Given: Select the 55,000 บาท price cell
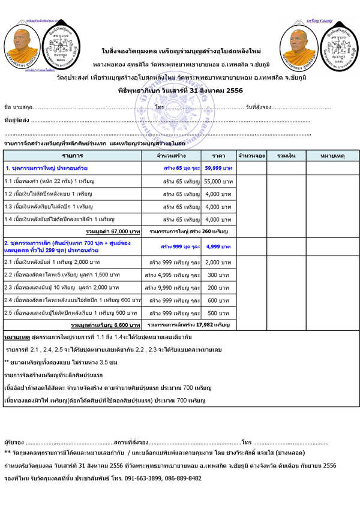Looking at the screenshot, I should (218, 181).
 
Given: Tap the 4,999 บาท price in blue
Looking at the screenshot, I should (218, 246).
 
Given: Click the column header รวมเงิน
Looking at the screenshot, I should (287, 155).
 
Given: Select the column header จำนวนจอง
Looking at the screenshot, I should (251, 155).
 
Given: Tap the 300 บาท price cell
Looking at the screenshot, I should (218, 275).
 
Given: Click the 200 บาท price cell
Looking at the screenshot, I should (218, 287).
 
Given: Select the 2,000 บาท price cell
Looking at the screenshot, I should (218, 262).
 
